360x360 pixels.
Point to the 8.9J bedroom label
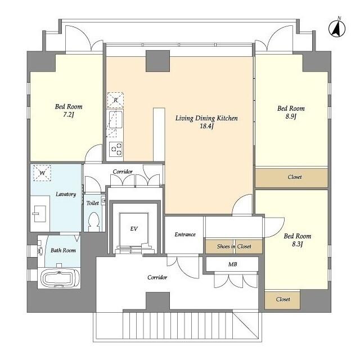pos(291,112)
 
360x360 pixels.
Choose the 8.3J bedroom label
pos(296,240)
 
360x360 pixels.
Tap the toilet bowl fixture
pos(93,222)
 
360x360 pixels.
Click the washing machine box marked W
pos(42,173)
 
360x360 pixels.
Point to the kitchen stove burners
pos(116,149)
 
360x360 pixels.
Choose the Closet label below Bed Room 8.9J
pos(294,177)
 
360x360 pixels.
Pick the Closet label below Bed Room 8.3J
pos(283,300)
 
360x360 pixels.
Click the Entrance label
pos(184,234)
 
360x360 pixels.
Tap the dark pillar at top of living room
pos(157,61)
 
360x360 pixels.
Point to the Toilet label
pos(92,202)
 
